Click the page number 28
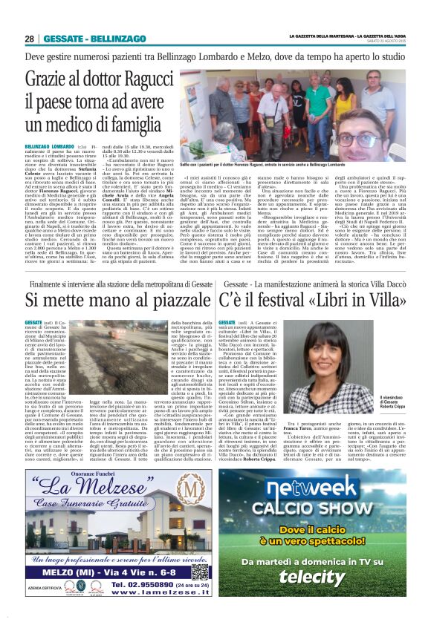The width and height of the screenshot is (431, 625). [x=29, y=38]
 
